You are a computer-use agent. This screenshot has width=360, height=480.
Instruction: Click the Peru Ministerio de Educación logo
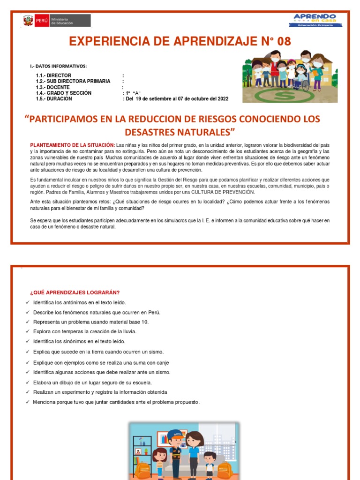point(56,21)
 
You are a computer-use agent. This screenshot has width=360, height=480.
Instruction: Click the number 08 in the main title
point(281,42)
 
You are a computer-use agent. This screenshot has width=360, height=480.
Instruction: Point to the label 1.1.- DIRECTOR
point(53,75)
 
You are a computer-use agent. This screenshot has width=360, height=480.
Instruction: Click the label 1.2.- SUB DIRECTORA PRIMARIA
point(73,81)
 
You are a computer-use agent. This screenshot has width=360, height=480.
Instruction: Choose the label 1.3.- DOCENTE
point(52,87)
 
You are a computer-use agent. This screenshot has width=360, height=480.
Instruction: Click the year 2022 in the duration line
point(220,99)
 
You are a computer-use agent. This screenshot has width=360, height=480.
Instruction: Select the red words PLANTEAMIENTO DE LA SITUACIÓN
point(73,145)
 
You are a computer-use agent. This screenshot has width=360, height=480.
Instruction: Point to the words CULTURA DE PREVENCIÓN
point(227,192)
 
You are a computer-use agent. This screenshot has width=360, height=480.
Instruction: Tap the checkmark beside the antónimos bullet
point(28,303)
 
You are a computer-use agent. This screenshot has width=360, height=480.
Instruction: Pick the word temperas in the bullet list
point(74,332)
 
